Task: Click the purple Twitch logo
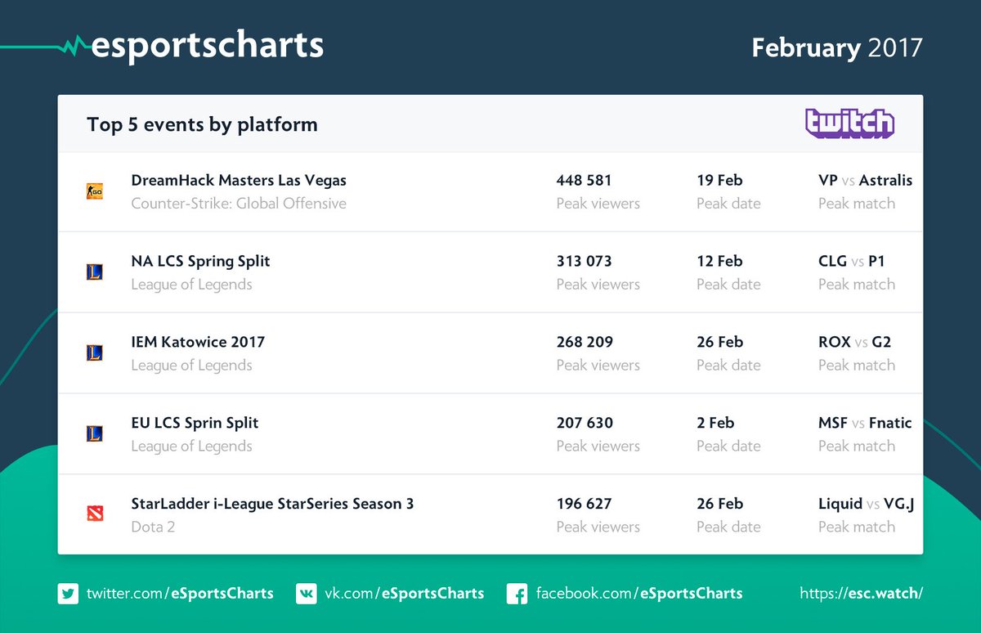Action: click(x=849, y=123)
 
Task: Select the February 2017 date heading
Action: click(x=836, y=47)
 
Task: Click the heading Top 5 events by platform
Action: click(x=202, y=124)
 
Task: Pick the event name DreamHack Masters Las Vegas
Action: click(x=239, y=180)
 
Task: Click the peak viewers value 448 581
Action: click(x=584, y=180)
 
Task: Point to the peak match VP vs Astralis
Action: click(x=865, y=180)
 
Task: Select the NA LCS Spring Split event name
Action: click(x=200, y=261)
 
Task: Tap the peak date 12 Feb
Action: click(x=719, y=261)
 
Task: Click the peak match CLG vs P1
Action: click(x=851, y=261)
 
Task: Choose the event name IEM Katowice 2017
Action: click(x=198, y=342)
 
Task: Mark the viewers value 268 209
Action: click(x=584, y=342)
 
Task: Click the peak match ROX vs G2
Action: click(x=854, y=342)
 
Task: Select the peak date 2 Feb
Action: click(x=715, y=423)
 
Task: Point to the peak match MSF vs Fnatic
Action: click(x=865, y=423)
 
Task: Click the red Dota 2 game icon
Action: click(x=95, y=514)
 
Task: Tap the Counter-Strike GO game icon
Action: click(x=95, y=191)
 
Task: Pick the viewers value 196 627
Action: click(x=584, y=504)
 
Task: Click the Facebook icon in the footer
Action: click(x=517, y=593)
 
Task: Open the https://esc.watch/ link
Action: click(x=861, y=593)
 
